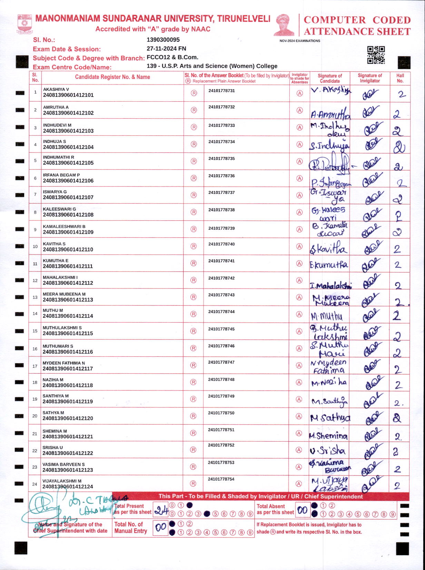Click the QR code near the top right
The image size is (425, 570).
pyautogui.click(x=376, y=55)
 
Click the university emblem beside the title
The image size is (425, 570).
pyautogui.click(x=24, y=24)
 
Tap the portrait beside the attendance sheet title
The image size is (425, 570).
pyautogui.click(x=284, y=25)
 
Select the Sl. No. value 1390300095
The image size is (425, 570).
pyautogui.click(x=163, y=40)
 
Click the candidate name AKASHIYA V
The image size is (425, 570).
pyautogui.click(x=56, y=89)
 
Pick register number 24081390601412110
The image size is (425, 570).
pyautogui.click(x=68, y=249)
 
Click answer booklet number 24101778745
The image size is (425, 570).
pyautogui.click(x=221, y=329)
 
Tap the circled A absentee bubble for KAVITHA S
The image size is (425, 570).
pyautogui.click(x=299, y=246)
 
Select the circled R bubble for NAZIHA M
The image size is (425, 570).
pyautogui.click(x=194, y=382)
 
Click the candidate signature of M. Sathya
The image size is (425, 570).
pyautogui.click(x=330, y=418)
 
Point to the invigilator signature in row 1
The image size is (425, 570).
pyautogui.click(x=370, y=94)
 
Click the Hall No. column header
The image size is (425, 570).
pyautogui.click(x=400, y=78)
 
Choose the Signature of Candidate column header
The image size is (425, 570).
pyautogui.click(x=330, y=78)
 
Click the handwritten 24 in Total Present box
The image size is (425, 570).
pyautogui.click(x=161, y=510)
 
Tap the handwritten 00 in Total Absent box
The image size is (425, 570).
pyautogui.click(x=303, y=510)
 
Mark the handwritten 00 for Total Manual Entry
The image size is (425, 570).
pyautogui.click(x=161, y=528)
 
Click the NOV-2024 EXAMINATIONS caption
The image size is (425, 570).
pyautogui.click(x=300, y=41)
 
